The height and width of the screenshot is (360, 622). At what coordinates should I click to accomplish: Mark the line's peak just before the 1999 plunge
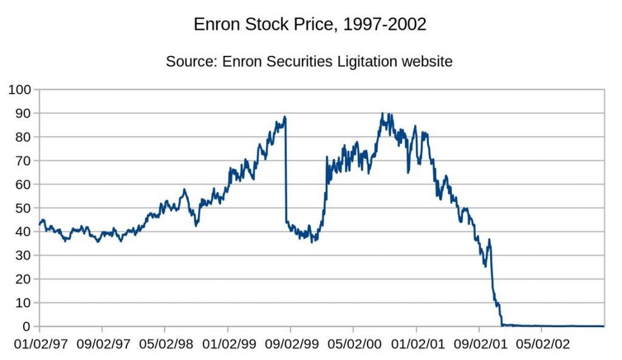pos(285,117)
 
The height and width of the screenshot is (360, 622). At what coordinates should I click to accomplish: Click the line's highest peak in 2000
pos(382,114)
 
